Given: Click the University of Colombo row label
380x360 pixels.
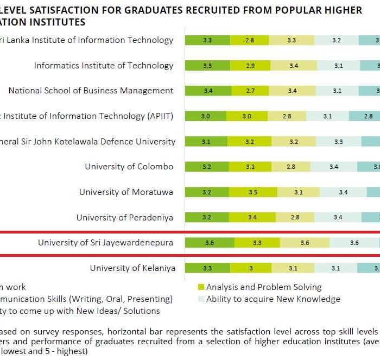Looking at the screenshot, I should click(x=129, y=167).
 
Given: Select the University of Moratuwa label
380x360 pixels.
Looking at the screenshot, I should click(x=126, y=192).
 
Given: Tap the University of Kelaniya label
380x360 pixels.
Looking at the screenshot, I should click(x=132, y=268).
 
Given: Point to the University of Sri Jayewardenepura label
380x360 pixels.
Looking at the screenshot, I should click(x=105, y=243).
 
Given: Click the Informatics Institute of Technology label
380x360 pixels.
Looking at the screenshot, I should click(x=104, y=66).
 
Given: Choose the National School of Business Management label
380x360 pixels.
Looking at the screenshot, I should click(x=91, y=91).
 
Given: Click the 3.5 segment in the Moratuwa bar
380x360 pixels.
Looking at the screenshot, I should click(x=252, y=192).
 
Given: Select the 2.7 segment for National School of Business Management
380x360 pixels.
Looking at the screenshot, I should click(x=250, y=91).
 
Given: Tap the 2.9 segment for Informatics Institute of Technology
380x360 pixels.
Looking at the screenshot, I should click(x=250, y=66).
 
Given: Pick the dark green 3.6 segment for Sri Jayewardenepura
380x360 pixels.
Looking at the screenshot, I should click(x=210, y=243).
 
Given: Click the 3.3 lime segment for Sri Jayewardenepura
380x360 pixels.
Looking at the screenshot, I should click(x=257, y=243).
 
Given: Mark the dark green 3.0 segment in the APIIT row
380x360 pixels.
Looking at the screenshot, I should click(x=205, y=116).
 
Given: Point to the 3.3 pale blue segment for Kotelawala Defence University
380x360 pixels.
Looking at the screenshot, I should click(x=338, y=142).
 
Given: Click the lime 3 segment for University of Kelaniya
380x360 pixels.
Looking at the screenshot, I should click(x=250, y=268).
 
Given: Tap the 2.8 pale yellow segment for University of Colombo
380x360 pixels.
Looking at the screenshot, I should click(x=291, y=167).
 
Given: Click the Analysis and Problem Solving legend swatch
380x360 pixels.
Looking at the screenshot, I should click(x=201, y=287).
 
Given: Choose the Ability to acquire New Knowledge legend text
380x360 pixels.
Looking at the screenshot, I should click(x=273, y=299).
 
